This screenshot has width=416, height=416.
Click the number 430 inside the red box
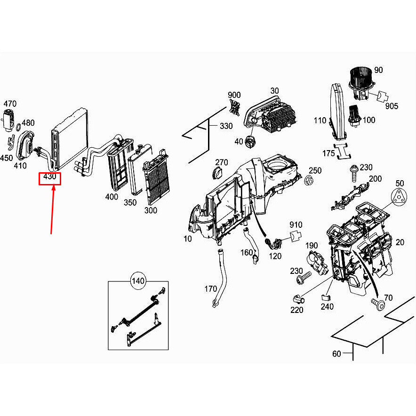coord(50,178)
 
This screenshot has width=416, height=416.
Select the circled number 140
coord(138,281)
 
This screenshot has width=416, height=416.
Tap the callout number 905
coord(392,106)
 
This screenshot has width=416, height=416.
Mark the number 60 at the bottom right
coord(336,353)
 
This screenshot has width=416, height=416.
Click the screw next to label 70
coord(378,304)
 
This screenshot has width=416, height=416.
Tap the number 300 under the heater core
coord(151,210)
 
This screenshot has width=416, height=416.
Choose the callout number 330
coord(226,126)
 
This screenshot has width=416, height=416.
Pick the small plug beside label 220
coord(297,298)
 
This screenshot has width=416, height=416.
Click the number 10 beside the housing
coord(188,239)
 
